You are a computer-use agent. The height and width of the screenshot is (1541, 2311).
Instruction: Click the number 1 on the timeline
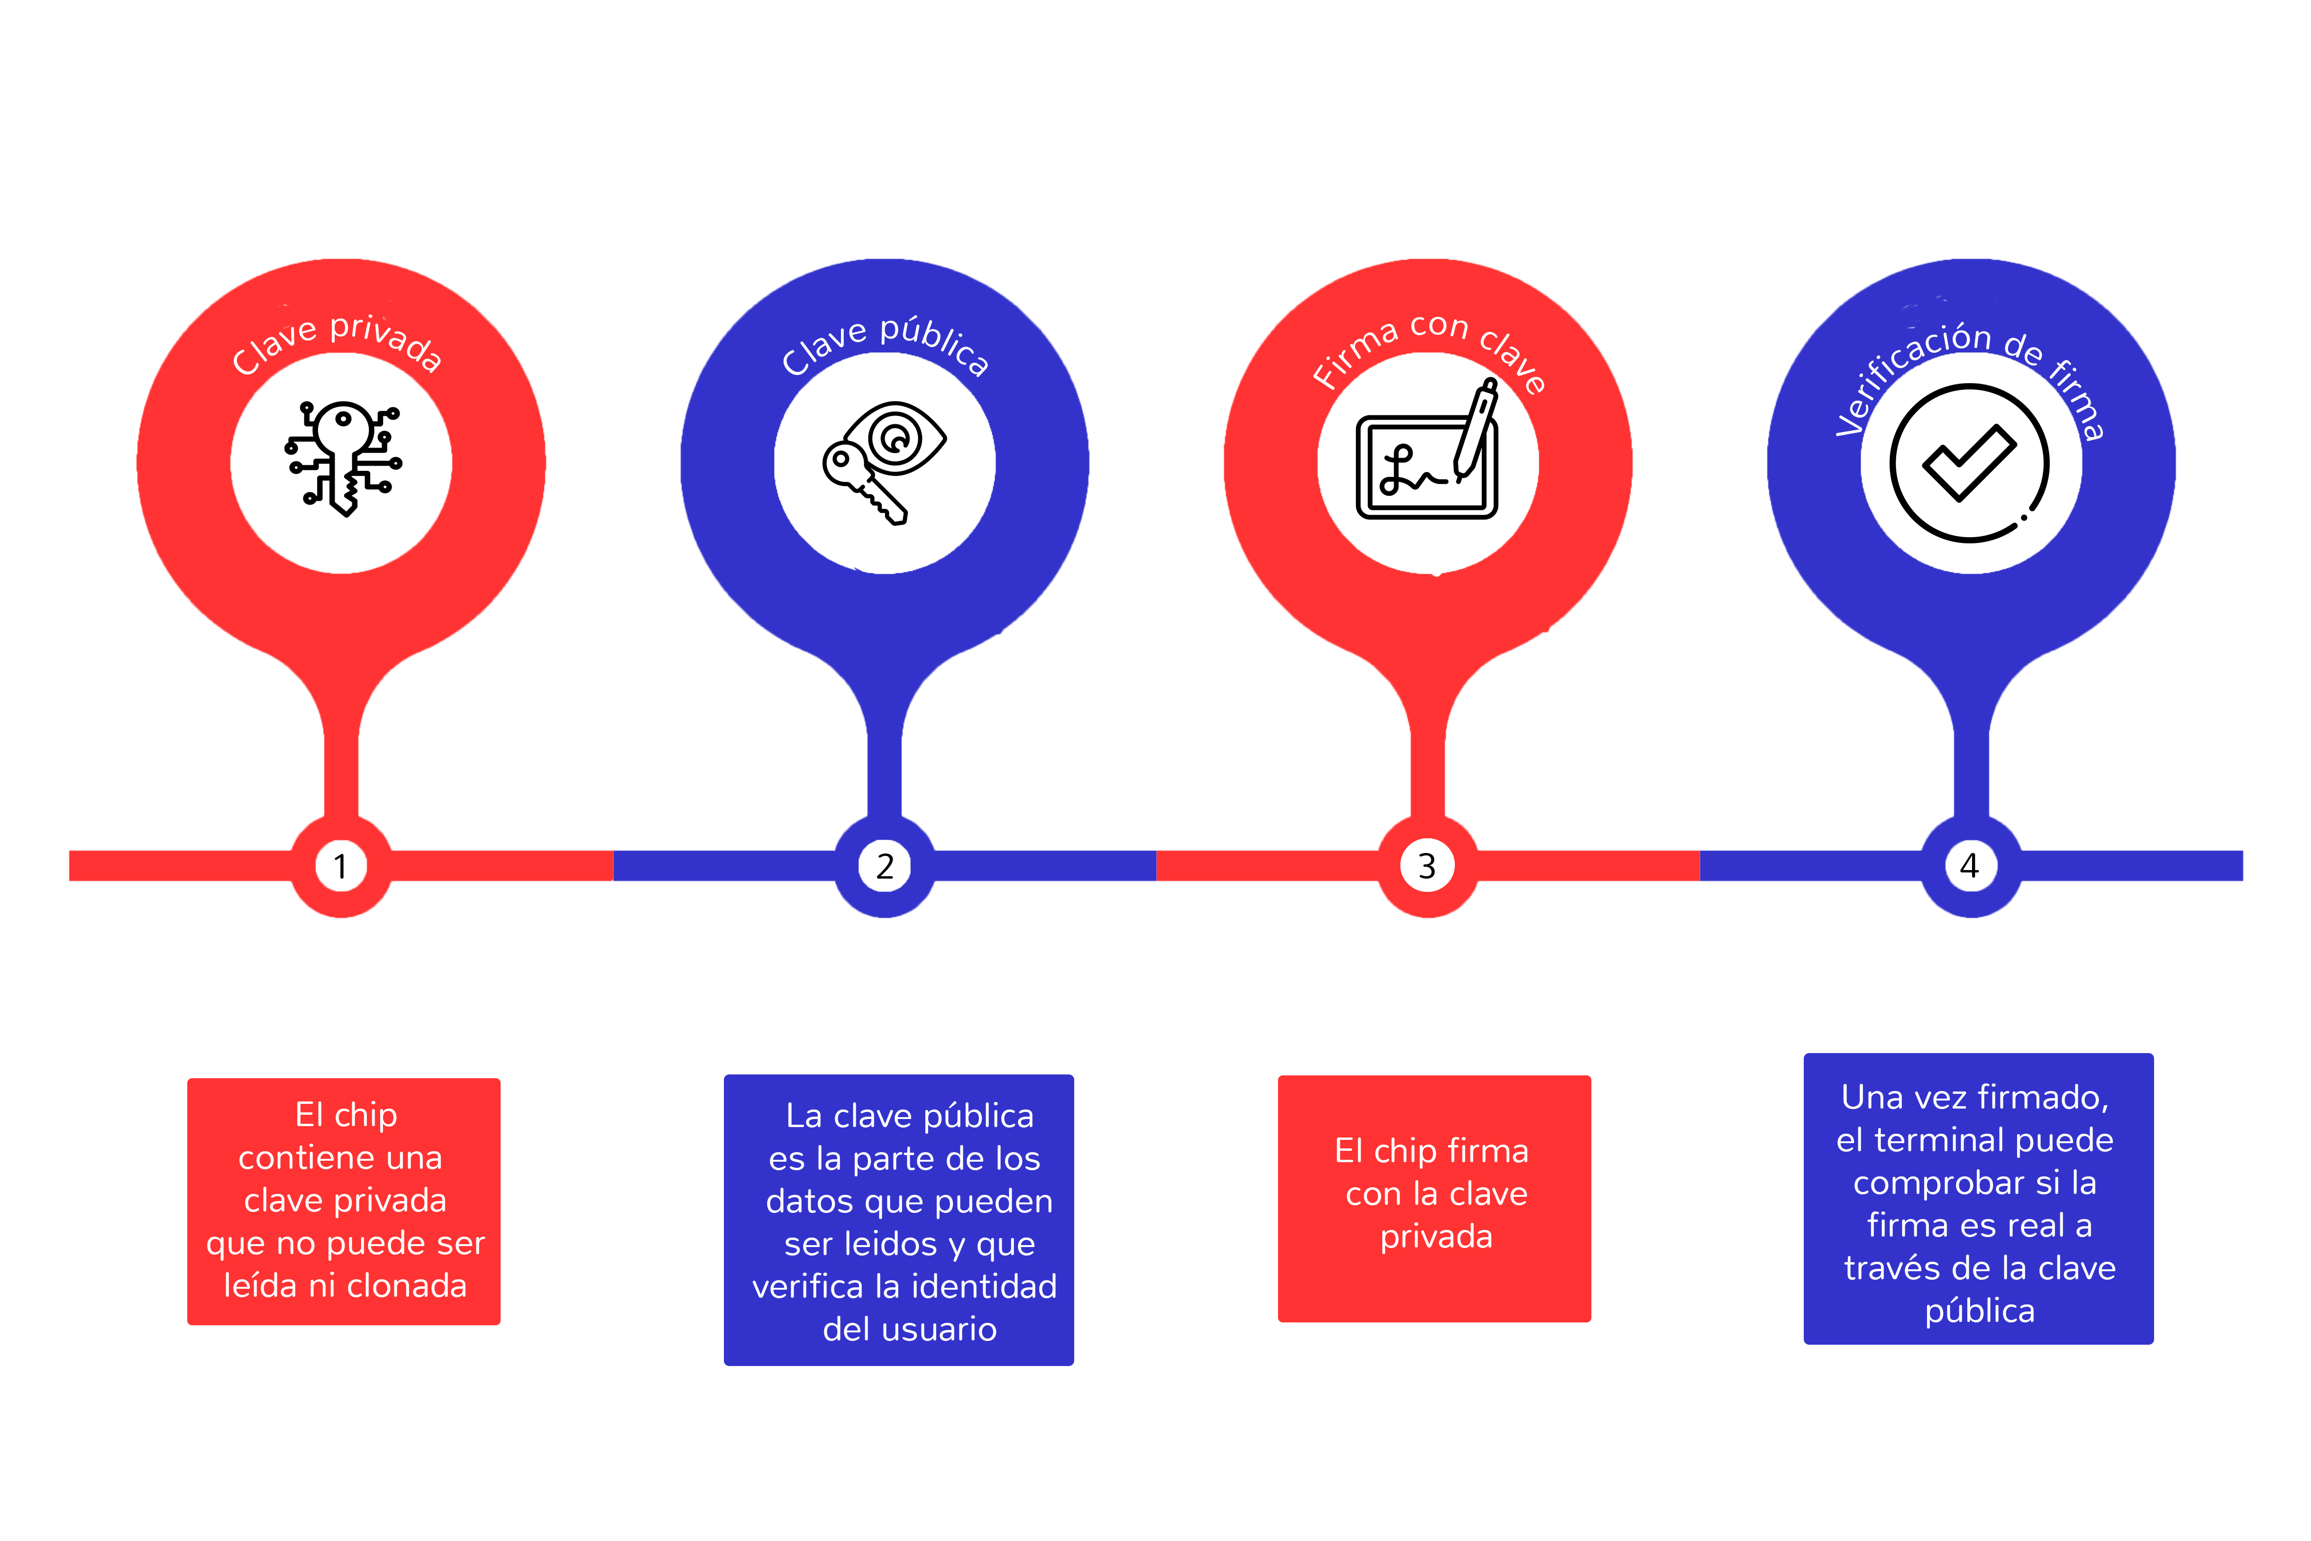click(x=341, y=866)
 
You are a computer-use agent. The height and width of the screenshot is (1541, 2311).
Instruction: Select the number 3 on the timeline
click(x=1428, y=866)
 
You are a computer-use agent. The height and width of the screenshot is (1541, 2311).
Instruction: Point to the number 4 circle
click(x=1970, y=866)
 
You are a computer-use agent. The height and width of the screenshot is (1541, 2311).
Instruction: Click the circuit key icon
click(x=343, y=458)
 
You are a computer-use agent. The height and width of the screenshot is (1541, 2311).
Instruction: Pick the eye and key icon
click(x=883, y=462)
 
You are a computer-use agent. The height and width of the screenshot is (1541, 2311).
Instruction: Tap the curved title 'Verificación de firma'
click(x=1970, y=378)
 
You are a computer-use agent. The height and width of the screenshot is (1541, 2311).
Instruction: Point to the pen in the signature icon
click(x=1476, y=430)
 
